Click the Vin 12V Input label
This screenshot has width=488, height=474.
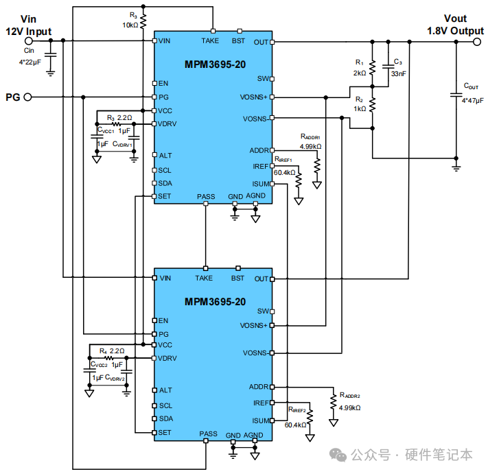click(x=28, y=25)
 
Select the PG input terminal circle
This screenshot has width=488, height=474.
click(x=28, y=97)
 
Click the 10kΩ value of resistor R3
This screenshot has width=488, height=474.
click(x=130, y=25)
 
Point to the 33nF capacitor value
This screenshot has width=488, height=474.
click(x=399, y=72)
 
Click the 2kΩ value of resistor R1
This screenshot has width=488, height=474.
click(x=360, y=73)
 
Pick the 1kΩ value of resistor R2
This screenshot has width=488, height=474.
click(x=360, y=109)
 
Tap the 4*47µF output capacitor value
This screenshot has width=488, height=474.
click(x=472, y=100)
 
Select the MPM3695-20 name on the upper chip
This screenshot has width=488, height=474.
click(x=215, y=65)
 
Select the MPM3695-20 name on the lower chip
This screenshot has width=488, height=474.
click(x=215, y=301)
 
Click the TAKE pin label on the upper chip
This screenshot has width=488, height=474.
click(x=211, y=41)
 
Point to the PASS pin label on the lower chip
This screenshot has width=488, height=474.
click(x=208, y=434)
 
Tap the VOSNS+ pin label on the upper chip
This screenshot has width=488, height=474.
click(x=254, y=97)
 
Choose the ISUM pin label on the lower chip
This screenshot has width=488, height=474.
click(x=261, y=420)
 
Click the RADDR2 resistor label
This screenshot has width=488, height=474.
click(x=349, y=396)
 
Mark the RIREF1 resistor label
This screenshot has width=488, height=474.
click(x=283, y=160)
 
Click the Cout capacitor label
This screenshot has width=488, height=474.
click(x=471, y=86)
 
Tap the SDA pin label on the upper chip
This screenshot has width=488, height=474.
click(x=165, y=183)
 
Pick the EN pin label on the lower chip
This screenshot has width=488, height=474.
click(x=163, y=320)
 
